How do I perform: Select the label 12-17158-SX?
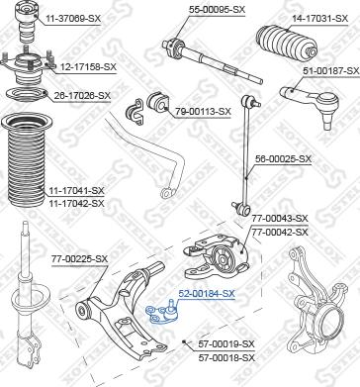[x=83, y=66]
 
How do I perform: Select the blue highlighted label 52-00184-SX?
[x=207, y=293]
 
